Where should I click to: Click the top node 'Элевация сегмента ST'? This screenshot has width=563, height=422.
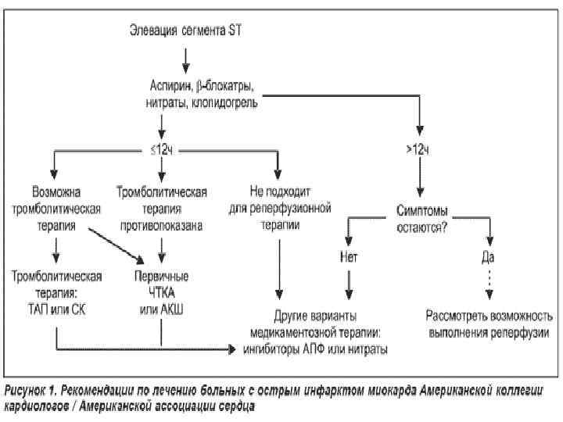(x=187, y=30)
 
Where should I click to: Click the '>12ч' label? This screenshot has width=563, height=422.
(x=421, y=148)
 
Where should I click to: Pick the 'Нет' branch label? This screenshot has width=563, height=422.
(x=349, y=256)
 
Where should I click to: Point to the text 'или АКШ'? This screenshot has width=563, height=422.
(x=161, y=312)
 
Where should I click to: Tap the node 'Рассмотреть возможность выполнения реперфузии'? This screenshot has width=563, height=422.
(x=489, y=325)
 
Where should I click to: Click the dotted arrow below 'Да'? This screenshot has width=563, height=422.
(x=490, y=281)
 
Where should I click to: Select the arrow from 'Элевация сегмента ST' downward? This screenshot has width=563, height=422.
(x=185, y=57)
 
